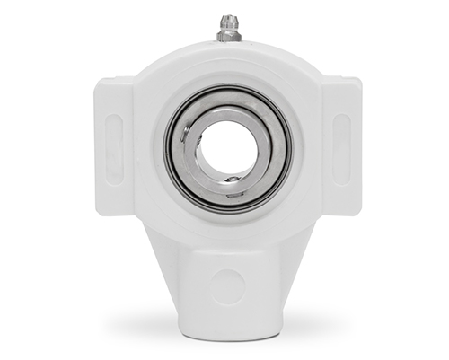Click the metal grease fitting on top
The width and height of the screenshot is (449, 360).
tap(228, 31)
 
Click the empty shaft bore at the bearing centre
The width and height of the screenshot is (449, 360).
tap(226, 147)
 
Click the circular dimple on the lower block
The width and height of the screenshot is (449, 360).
tap(228, 285)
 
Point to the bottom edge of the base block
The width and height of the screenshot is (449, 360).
tap(228, 317)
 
